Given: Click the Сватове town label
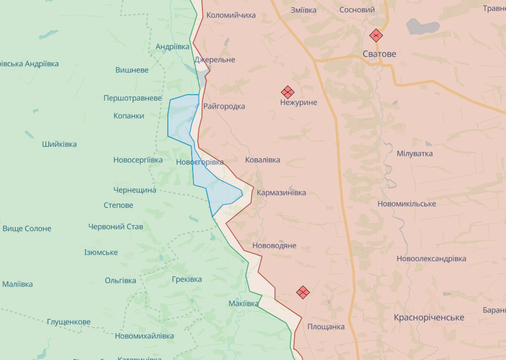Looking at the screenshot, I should (x=379, y=54).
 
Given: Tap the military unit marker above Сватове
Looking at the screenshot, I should (x=376, y=36).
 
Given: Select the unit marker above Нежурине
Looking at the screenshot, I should (x=287, y=92).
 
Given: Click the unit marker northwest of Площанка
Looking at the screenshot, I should (x=303, y=293).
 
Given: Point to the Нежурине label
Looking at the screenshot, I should (x=299, y=103).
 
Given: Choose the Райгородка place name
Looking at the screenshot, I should (x=224, y=106).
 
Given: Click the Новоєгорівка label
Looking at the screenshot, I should (x=200, y=162).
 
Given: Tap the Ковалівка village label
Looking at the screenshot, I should (x=263, y=160).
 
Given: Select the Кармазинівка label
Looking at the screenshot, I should (x=281, y=193).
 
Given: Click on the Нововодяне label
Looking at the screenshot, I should (x=274, y=246).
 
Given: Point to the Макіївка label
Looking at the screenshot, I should (x=243, y=304).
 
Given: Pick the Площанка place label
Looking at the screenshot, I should (x=326, y=327).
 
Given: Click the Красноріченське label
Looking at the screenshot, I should (x=429, y=318).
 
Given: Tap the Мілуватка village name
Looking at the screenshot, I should (x=415, y=154).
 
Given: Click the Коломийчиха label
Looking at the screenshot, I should (x=231, y=15).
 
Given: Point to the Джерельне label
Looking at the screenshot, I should (x=215, y=60).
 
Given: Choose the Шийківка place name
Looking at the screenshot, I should (x=59, y=144).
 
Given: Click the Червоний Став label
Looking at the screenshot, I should (x=116, y=227).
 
